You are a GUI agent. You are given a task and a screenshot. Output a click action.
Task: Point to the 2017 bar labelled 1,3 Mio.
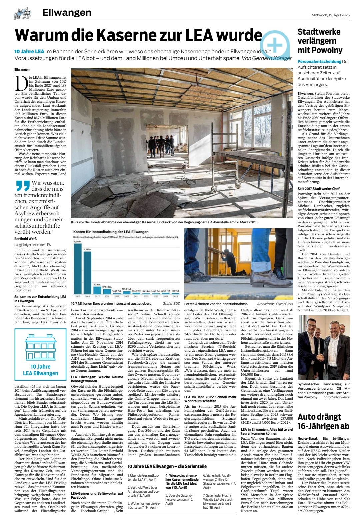[97, 290]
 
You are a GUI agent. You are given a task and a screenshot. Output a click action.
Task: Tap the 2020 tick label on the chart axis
[126, 296]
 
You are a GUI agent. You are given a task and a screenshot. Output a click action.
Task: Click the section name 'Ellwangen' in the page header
[67, 13]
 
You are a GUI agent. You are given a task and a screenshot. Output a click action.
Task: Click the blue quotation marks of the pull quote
[22, 185]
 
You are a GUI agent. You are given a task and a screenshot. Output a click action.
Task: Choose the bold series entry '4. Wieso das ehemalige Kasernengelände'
[182, 481]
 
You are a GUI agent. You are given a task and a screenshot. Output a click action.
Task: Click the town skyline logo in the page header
[23, 13]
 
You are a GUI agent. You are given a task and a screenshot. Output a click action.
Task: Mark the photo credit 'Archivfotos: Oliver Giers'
[275, 304]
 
